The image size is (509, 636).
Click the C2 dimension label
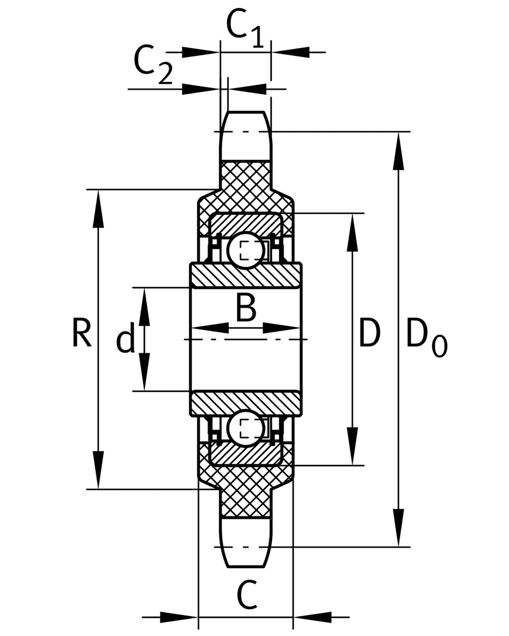coord(153,65)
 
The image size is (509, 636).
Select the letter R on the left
coord(82,334)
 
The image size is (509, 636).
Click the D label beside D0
coord(370,333)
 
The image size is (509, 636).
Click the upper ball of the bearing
coord(246,250)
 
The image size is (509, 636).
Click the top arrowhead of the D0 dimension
coord(398,151)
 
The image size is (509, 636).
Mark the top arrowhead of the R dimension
coord(98,209)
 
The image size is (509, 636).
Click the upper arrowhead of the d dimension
coord(144,307)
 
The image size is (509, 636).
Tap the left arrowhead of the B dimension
coord(210,328)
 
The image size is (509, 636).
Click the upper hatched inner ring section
coord(246,275)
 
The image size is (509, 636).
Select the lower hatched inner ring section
coord(246,404)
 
